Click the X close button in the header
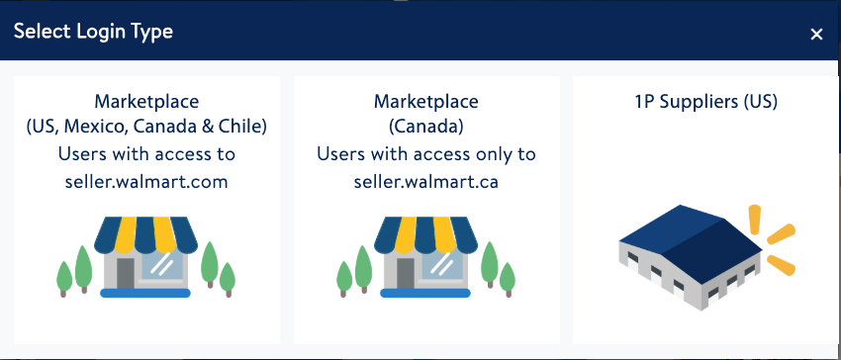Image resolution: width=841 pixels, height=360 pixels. [x=816, y=34]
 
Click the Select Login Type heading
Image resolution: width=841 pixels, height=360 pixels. [x=93, y=32]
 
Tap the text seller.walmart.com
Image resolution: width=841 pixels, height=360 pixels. [x=146, y=181]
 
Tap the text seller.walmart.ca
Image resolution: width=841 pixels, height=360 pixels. [x=425, y=181]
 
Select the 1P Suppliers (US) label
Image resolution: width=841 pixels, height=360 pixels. [x=705, y=102]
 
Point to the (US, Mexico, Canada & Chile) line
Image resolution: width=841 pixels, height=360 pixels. [x=146, y=128]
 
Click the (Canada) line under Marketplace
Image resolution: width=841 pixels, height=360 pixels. [x=425, y=128]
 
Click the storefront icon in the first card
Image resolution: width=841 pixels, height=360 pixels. [x=145, y=257]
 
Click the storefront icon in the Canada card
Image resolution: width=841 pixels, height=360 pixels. [x=426, y=257]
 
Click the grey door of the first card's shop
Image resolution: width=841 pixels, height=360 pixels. [x=126, y=273]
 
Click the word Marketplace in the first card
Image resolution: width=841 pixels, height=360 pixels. [x=146, y=102]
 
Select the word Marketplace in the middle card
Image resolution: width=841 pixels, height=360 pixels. [x=425, y=102]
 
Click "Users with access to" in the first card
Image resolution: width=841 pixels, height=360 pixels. [x=146, y=154]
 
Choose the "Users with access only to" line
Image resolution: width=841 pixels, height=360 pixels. [x=425, y=154]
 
